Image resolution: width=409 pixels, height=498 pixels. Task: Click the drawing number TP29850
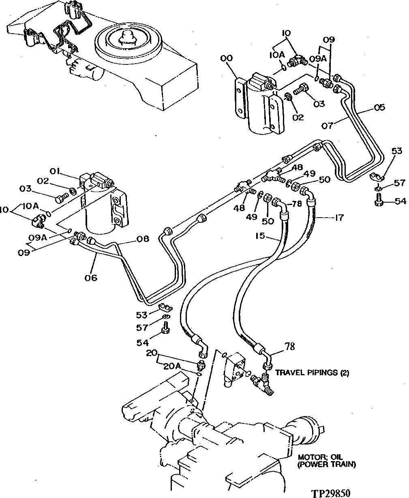coord(330,493)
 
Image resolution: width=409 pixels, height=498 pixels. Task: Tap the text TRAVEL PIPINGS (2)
coord(312,372)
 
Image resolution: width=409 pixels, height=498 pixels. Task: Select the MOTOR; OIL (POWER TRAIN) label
coord(327,461)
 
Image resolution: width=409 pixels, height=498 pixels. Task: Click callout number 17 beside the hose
coord(339,218)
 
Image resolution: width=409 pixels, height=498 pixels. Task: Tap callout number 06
coord(91,278)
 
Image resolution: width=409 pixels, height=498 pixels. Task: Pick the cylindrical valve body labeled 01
coord(97,211)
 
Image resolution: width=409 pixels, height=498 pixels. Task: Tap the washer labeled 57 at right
coord(377,188)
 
